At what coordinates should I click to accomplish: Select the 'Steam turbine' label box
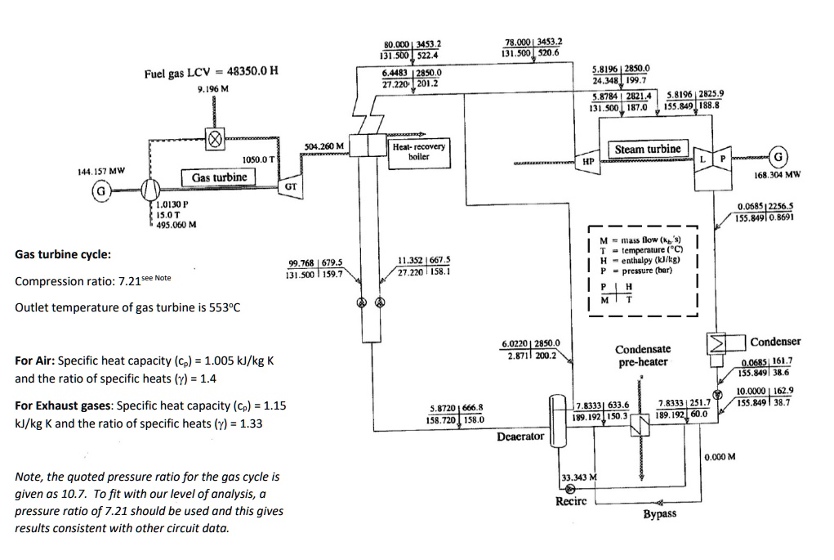point(647,149)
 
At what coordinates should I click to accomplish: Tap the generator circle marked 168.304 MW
point(779,156)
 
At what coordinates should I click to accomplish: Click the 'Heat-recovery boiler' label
point(418,151)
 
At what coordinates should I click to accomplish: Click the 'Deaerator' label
point(520,437)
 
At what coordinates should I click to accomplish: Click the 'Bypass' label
point(658,513)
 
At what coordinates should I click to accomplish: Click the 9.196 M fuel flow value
point(212,87)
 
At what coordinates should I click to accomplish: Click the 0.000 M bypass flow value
point(720,456)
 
